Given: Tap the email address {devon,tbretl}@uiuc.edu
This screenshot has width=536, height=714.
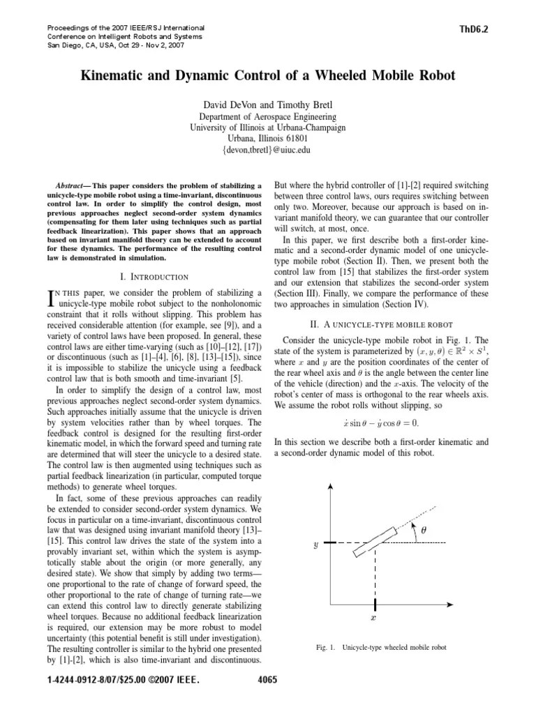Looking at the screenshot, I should [267, 149].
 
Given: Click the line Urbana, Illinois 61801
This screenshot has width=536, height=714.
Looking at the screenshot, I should [267, 138].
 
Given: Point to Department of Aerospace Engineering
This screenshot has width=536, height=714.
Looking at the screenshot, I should [267, 116].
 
